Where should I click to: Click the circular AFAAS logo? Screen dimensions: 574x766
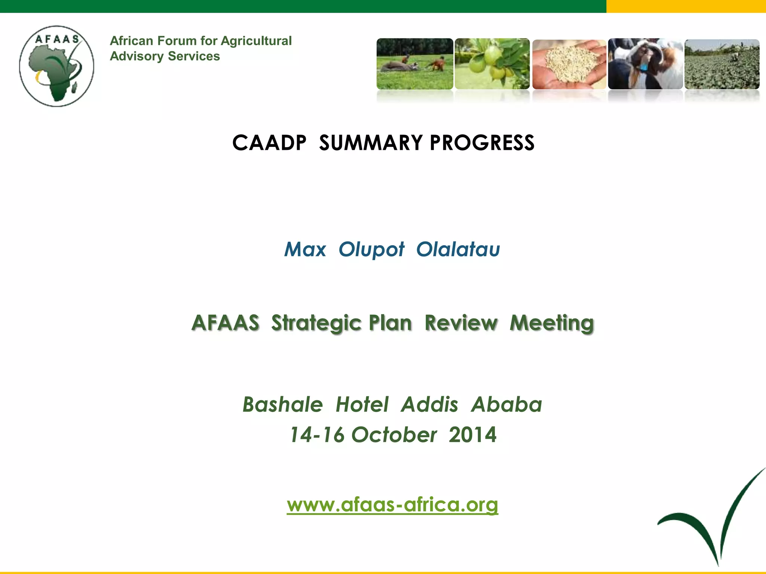(x=57, y=66)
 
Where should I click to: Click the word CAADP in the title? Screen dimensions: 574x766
(x=269, y=143)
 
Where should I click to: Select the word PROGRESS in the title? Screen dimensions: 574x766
(x=482, y=143)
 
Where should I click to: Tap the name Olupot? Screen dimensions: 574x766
(x=371, y=249)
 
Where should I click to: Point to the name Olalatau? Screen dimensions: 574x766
(x=458, y=249)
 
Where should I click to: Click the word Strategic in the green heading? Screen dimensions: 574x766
(x=341, y=323)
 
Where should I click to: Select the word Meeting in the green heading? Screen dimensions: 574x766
(x=552, y=323)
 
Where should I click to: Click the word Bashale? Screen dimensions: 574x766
(x=283, y=404)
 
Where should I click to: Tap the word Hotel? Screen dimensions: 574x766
(x=362, y=404)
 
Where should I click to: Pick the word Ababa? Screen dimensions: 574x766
(x=506, y=404)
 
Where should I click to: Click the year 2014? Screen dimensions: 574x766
(x=472, y=435)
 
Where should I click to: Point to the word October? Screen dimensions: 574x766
(x=394, y=435)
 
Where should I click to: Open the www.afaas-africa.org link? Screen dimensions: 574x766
(x=392, y=504)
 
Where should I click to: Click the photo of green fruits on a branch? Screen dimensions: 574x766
(x=492, y=64)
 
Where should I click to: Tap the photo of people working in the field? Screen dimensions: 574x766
(x=415, y=64)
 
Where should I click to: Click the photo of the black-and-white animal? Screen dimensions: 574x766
(x=645, y=64)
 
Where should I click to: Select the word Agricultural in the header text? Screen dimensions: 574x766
(x=256, y=41)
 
